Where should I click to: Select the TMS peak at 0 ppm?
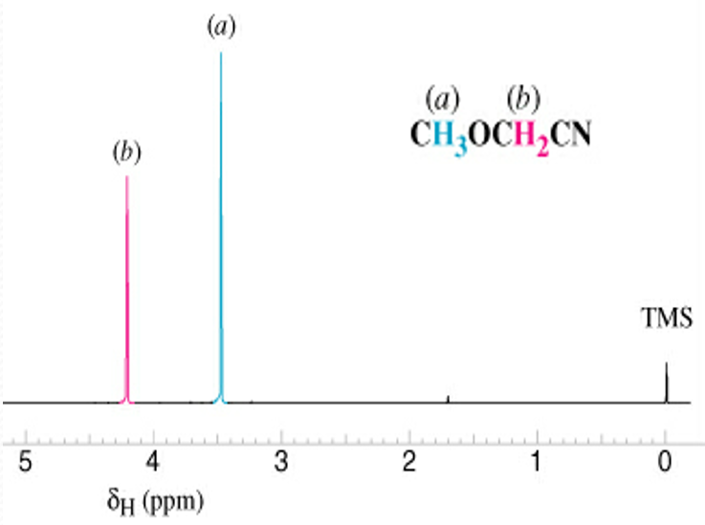[x=666, y=383]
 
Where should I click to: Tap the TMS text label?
[x=666, y=318]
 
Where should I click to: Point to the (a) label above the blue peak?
[x=221, y=27]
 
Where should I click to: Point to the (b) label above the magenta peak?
[x=126, y=151]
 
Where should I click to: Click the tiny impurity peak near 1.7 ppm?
[x=448, y=398]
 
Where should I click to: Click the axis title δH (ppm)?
[x=157, y=499]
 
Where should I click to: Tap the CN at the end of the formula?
[x=573, y=134]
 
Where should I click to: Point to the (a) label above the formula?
[x=443, y=98]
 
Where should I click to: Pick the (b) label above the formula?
[x=524, y=98]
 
